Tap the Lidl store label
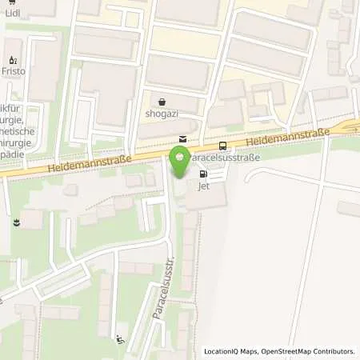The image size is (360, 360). [13, 13]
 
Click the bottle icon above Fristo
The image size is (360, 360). [12, 59]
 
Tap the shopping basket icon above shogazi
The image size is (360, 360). [163, 102]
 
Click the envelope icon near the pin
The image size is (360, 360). [183, 139]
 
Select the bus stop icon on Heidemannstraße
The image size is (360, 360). [222, 146]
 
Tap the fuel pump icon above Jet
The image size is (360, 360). [203, 174]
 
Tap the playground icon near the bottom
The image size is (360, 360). [120, 338]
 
